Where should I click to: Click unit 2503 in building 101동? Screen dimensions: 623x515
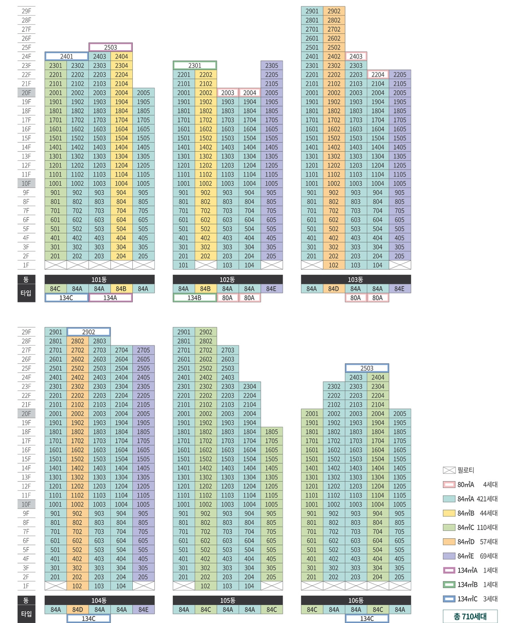tap(111, 47)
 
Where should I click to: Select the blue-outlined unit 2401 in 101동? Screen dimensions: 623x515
tap(67, 56)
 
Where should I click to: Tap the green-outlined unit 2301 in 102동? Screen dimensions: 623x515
tap(195, 65)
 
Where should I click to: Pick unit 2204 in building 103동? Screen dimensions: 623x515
tap(378, 75)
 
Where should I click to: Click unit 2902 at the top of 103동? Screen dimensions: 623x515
tap(334, 11)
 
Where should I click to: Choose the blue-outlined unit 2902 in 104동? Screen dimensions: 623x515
tap(89, 332)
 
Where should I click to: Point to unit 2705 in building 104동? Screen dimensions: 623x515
tap(143, 350)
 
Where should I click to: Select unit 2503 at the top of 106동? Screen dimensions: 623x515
tap(367, 368)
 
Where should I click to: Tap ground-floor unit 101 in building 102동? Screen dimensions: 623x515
tap(183, 265)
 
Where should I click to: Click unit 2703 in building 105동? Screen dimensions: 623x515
tap(227, 350)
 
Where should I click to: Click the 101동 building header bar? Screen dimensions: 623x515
tap(99, 279)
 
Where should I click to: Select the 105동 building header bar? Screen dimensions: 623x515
tap(228, 600)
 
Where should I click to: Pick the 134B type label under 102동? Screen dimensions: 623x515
tap(195, 298)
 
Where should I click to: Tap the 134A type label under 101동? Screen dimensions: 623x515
tap(111, 298)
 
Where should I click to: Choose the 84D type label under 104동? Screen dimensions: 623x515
tap(78, 610)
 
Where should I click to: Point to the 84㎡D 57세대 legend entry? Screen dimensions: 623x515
tap(470, 542)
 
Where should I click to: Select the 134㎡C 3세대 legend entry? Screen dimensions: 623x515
tap(470, 599)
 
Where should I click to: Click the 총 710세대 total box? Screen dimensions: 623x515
tap(470, 616)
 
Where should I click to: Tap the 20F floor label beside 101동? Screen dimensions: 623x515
tap(26, 93)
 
